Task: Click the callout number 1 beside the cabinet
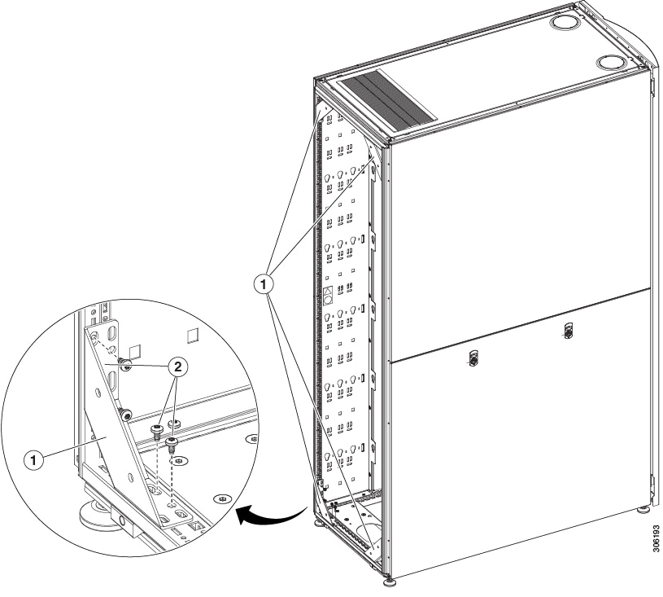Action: tap(264, 284)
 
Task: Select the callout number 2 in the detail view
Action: tap(178, 367)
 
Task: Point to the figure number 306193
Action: tap(656, 538)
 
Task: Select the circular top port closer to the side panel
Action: tap(610, 63)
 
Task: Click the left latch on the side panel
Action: tap(473, 357)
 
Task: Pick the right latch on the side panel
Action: tap(569, 330)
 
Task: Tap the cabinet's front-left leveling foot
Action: tap(319, 525)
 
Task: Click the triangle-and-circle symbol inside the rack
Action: tap(328, 296)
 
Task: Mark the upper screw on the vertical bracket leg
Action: tap(124, 364)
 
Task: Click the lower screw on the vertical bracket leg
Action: tap(124, 415)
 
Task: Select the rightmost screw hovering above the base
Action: tap(172, 444)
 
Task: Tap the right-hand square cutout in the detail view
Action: tap(192, 335)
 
